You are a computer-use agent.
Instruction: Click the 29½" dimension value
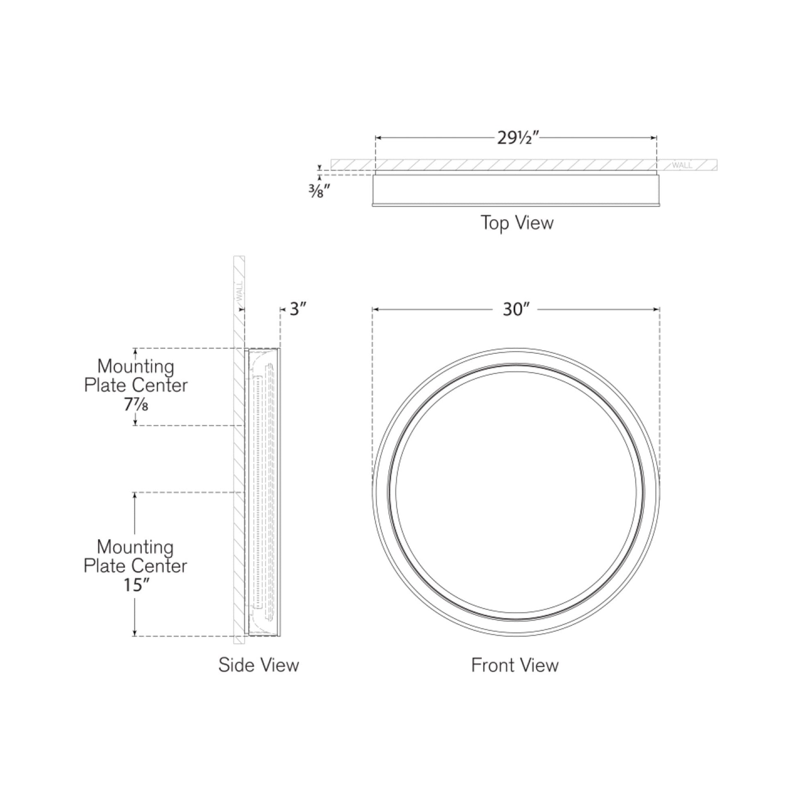pyautogui.click(x=517, y=138)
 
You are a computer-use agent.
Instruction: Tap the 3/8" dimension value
pyautogui.click(x=319, y=191)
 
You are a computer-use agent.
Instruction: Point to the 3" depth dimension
pyautogui.click(x=298, y=309)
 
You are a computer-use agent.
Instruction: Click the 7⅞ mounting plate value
pyautogui.click(x=135, y=404)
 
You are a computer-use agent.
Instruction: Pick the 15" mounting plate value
pyautogui.click(x=135, y=585)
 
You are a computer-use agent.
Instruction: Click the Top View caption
pyautogui.click(x=517, y=223)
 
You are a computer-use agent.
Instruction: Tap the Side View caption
pyautogui.click(x=259, y=665)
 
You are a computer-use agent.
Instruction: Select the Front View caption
pyautogui.click(x=515, y=665)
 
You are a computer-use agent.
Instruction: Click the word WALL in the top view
pyautogui.click(x=682, y=165)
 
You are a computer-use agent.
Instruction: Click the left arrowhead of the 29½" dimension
pyautogui.click(x=378, y=138)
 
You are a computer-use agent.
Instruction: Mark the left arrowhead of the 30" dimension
pyautogui.click(x=375, y=309)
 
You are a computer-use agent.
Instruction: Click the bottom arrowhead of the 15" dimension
pyautogui.click(x=135, y=633)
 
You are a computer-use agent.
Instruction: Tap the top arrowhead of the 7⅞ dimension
pyautogui.click(x=135, y=351)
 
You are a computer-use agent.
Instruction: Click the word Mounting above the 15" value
pyautogui.click(x=135, y=548)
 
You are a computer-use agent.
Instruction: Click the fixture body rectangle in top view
pyautogui.click(x=515, y=189)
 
